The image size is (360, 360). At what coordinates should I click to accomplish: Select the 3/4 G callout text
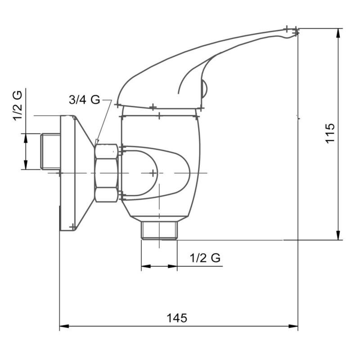(84, 100)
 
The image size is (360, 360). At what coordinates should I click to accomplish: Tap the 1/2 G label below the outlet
(205, 258)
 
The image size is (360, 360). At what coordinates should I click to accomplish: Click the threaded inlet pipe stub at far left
(50, 152)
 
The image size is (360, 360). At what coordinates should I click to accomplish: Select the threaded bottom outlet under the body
(159, 230)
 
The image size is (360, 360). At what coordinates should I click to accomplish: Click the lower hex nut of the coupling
(107, 194)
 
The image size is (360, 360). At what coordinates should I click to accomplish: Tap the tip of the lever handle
(295, 31)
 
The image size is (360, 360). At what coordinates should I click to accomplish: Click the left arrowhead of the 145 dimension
(63, 326)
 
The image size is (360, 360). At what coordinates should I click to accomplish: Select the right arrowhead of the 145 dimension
(294, 326)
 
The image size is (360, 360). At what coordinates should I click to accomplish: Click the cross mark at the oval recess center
(153, 173)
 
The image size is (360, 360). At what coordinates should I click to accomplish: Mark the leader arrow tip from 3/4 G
(96, 143)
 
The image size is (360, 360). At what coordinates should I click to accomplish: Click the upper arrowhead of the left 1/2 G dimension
(26, 137)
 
